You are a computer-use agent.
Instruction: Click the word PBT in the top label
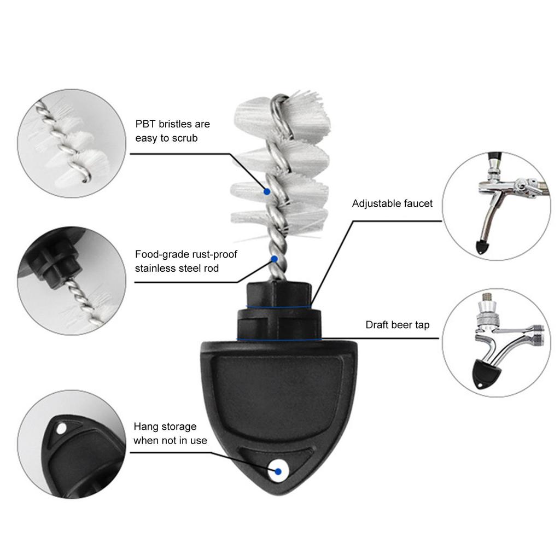point(145,124)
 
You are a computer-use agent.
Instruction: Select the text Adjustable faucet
point(392,203)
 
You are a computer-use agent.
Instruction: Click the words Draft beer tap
point(398,325)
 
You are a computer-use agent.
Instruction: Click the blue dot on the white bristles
point(267,191)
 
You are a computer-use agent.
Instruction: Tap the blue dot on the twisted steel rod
point(275,258)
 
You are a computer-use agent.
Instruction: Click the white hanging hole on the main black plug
point(278,471)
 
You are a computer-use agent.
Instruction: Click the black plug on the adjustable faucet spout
point(481,247)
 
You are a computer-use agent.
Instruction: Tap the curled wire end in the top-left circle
point(84,176)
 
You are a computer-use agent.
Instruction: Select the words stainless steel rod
point(177,269)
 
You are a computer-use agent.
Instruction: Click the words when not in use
point(170,440)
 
